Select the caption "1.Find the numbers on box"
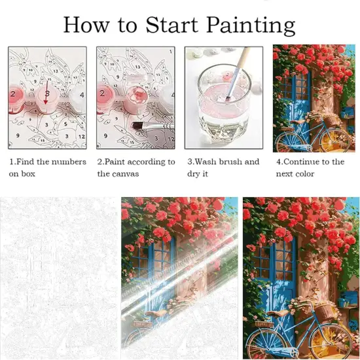click(x=47, y=168)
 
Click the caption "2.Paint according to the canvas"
click(x=136, y=168)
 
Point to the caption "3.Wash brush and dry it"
click(x=223, y=168)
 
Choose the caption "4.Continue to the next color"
click(x=310, y=168)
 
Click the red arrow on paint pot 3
click(x=46, y=98)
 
